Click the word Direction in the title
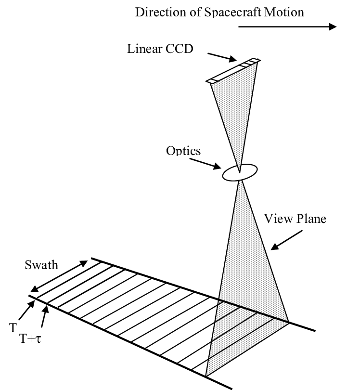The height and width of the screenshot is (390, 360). [154, 12]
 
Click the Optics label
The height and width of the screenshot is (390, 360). [183, 150]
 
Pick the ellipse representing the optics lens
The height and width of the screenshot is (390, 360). [239, 173]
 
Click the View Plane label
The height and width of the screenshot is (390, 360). [295, 219]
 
